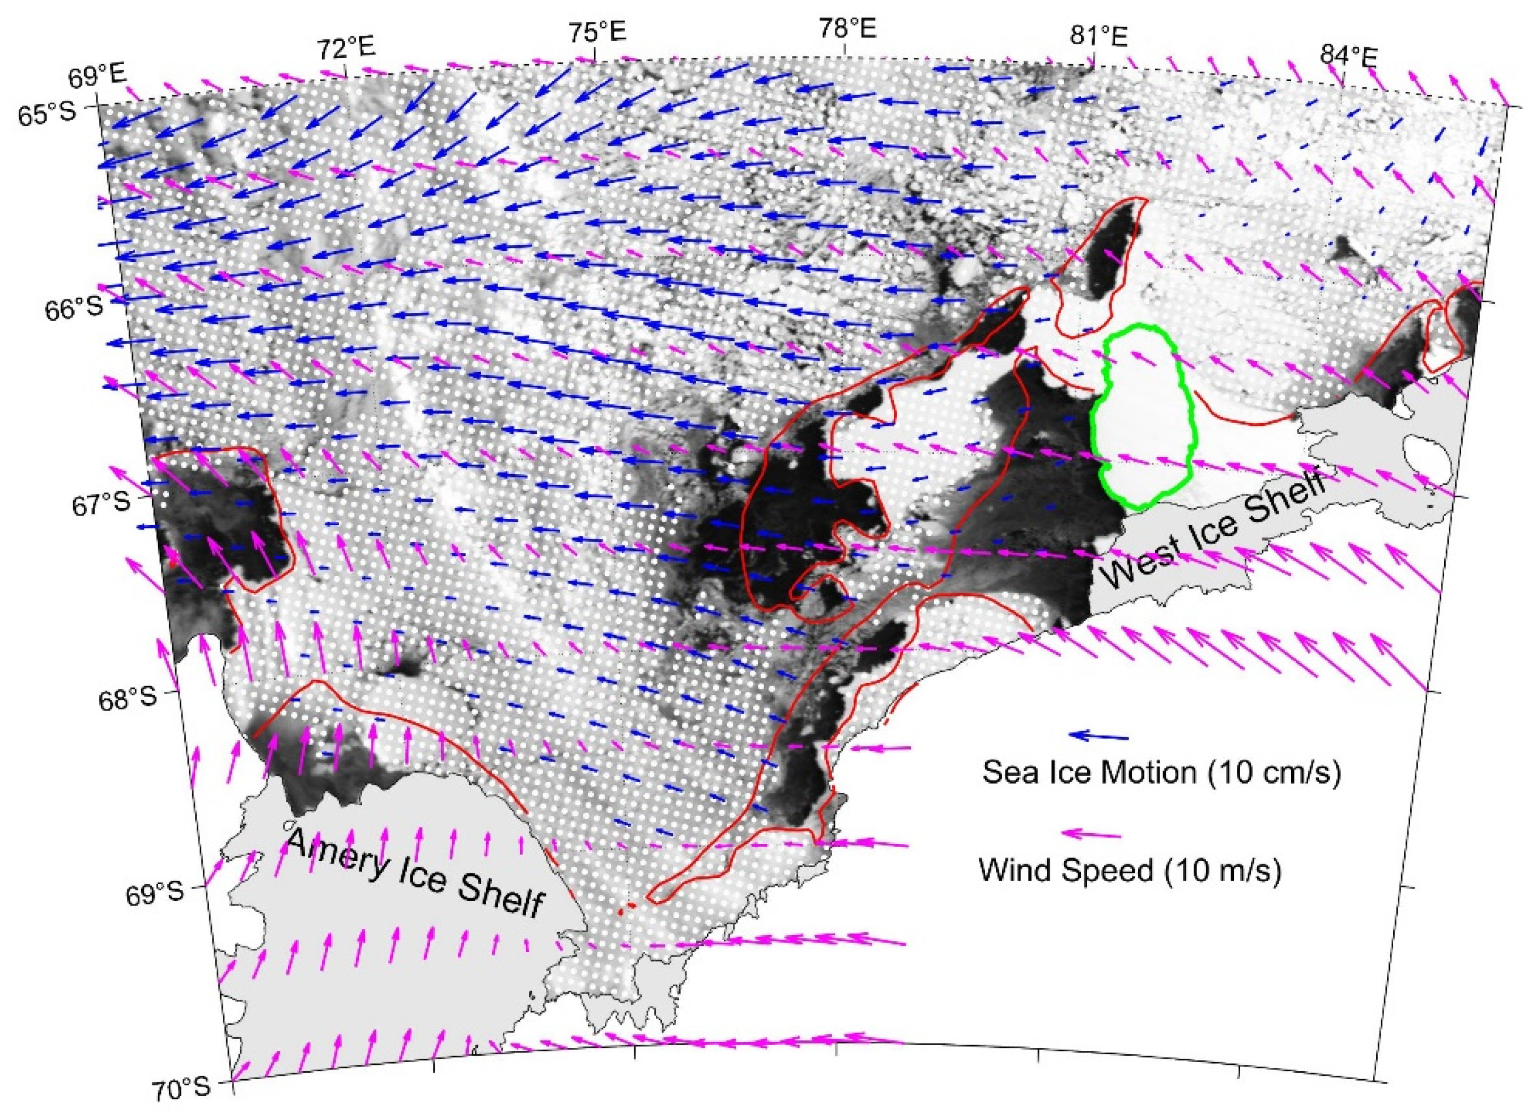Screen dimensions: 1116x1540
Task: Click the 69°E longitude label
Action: point(96,76)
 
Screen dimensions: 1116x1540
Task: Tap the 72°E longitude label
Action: point(346,49)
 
